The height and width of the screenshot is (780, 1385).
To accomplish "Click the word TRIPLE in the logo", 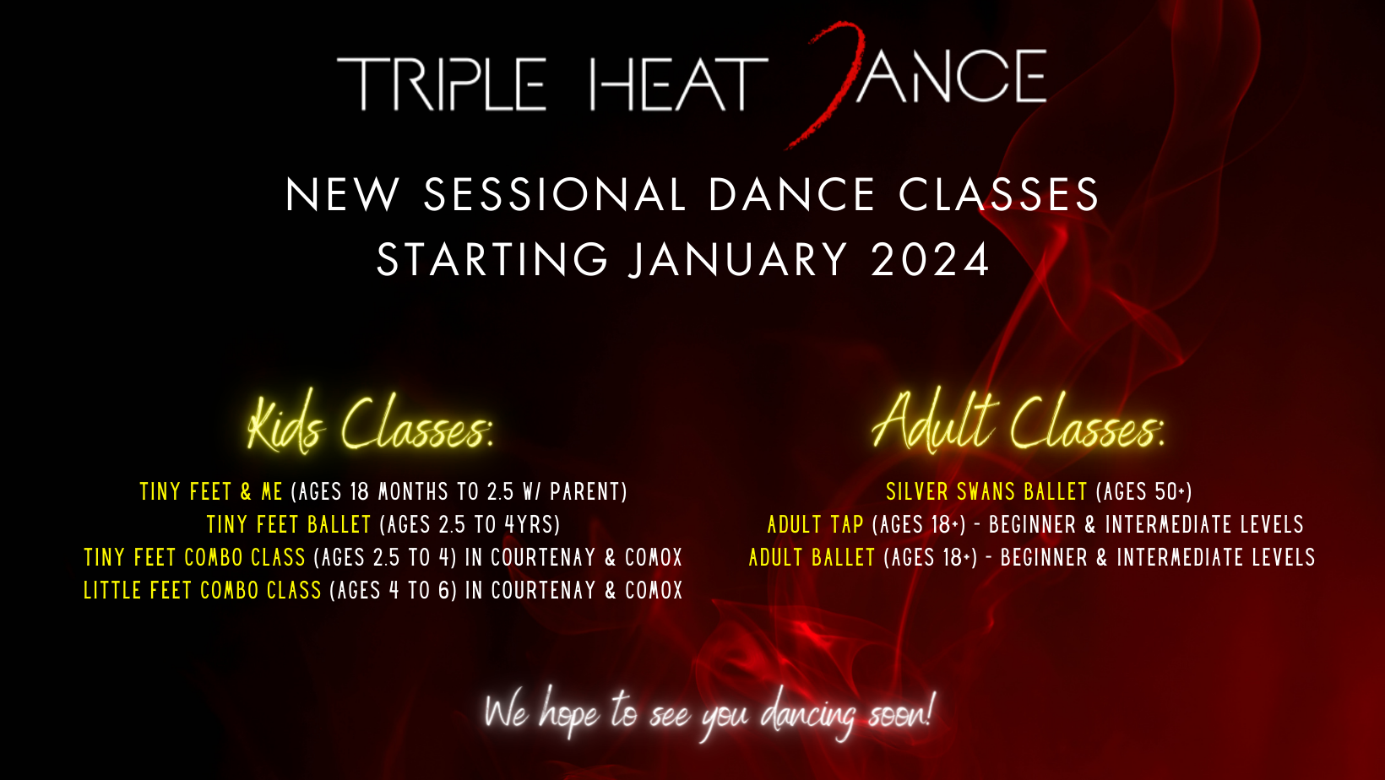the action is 442,84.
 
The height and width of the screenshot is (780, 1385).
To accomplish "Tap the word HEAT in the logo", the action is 678,84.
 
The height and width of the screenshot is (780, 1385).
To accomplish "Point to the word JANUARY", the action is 737,260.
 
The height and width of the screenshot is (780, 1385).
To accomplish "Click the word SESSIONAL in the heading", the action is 555,195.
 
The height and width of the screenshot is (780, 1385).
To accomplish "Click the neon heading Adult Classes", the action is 1018,421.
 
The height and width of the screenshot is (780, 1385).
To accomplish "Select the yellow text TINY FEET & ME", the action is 211,492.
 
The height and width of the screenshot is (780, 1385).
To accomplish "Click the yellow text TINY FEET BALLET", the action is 288,525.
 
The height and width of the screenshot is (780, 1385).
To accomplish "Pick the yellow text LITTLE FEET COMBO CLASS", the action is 202,590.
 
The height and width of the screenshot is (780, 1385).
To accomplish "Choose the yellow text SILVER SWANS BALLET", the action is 986,492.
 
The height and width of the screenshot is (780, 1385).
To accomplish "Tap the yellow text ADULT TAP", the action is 815,525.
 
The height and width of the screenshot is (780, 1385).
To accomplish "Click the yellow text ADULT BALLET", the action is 812,557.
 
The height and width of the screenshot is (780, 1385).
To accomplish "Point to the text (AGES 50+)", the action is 1143,492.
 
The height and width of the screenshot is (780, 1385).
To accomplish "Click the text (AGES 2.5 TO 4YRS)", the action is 470,525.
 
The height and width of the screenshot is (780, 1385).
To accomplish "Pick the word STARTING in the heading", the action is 493,260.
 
